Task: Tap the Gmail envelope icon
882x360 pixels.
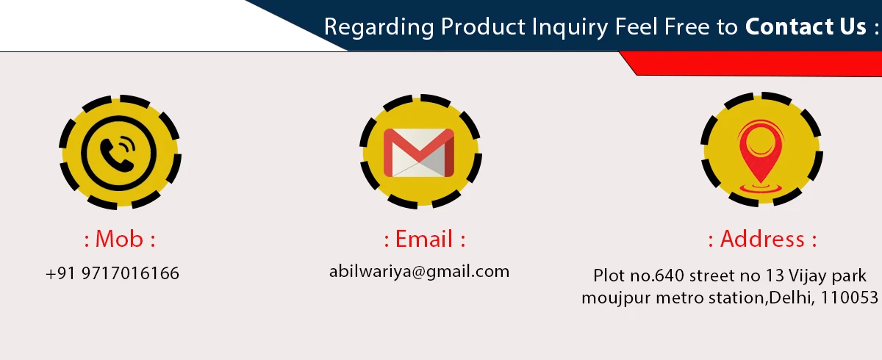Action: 419,153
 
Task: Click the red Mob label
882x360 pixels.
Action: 119,239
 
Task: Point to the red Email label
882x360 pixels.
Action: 424,239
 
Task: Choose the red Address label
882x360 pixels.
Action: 762,239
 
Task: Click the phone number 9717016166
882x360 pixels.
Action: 130,273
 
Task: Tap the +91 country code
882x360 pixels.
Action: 60,273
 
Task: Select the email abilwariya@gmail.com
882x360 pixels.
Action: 420,272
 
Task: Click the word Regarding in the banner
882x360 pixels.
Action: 379,27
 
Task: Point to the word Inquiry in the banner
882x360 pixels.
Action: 570,27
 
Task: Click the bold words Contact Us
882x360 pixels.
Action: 806,26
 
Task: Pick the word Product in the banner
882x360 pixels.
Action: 483,26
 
